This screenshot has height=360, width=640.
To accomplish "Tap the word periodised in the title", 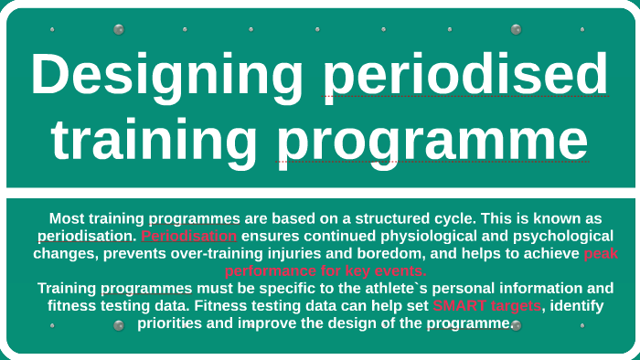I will point(465,74).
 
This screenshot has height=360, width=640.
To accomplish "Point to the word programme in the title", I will point(432,141).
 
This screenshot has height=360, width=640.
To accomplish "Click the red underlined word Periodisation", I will point(189,236).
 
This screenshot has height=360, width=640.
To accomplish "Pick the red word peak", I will point(601,253).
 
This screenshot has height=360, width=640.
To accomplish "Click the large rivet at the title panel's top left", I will point(119,29).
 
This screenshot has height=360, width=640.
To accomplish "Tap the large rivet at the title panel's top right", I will point(516,29).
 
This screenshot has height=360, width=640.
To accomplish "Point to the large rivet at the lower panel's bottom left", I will point(119,325).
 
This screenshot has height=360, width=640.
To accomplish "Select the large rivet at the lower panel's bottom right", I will point(516,325).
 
